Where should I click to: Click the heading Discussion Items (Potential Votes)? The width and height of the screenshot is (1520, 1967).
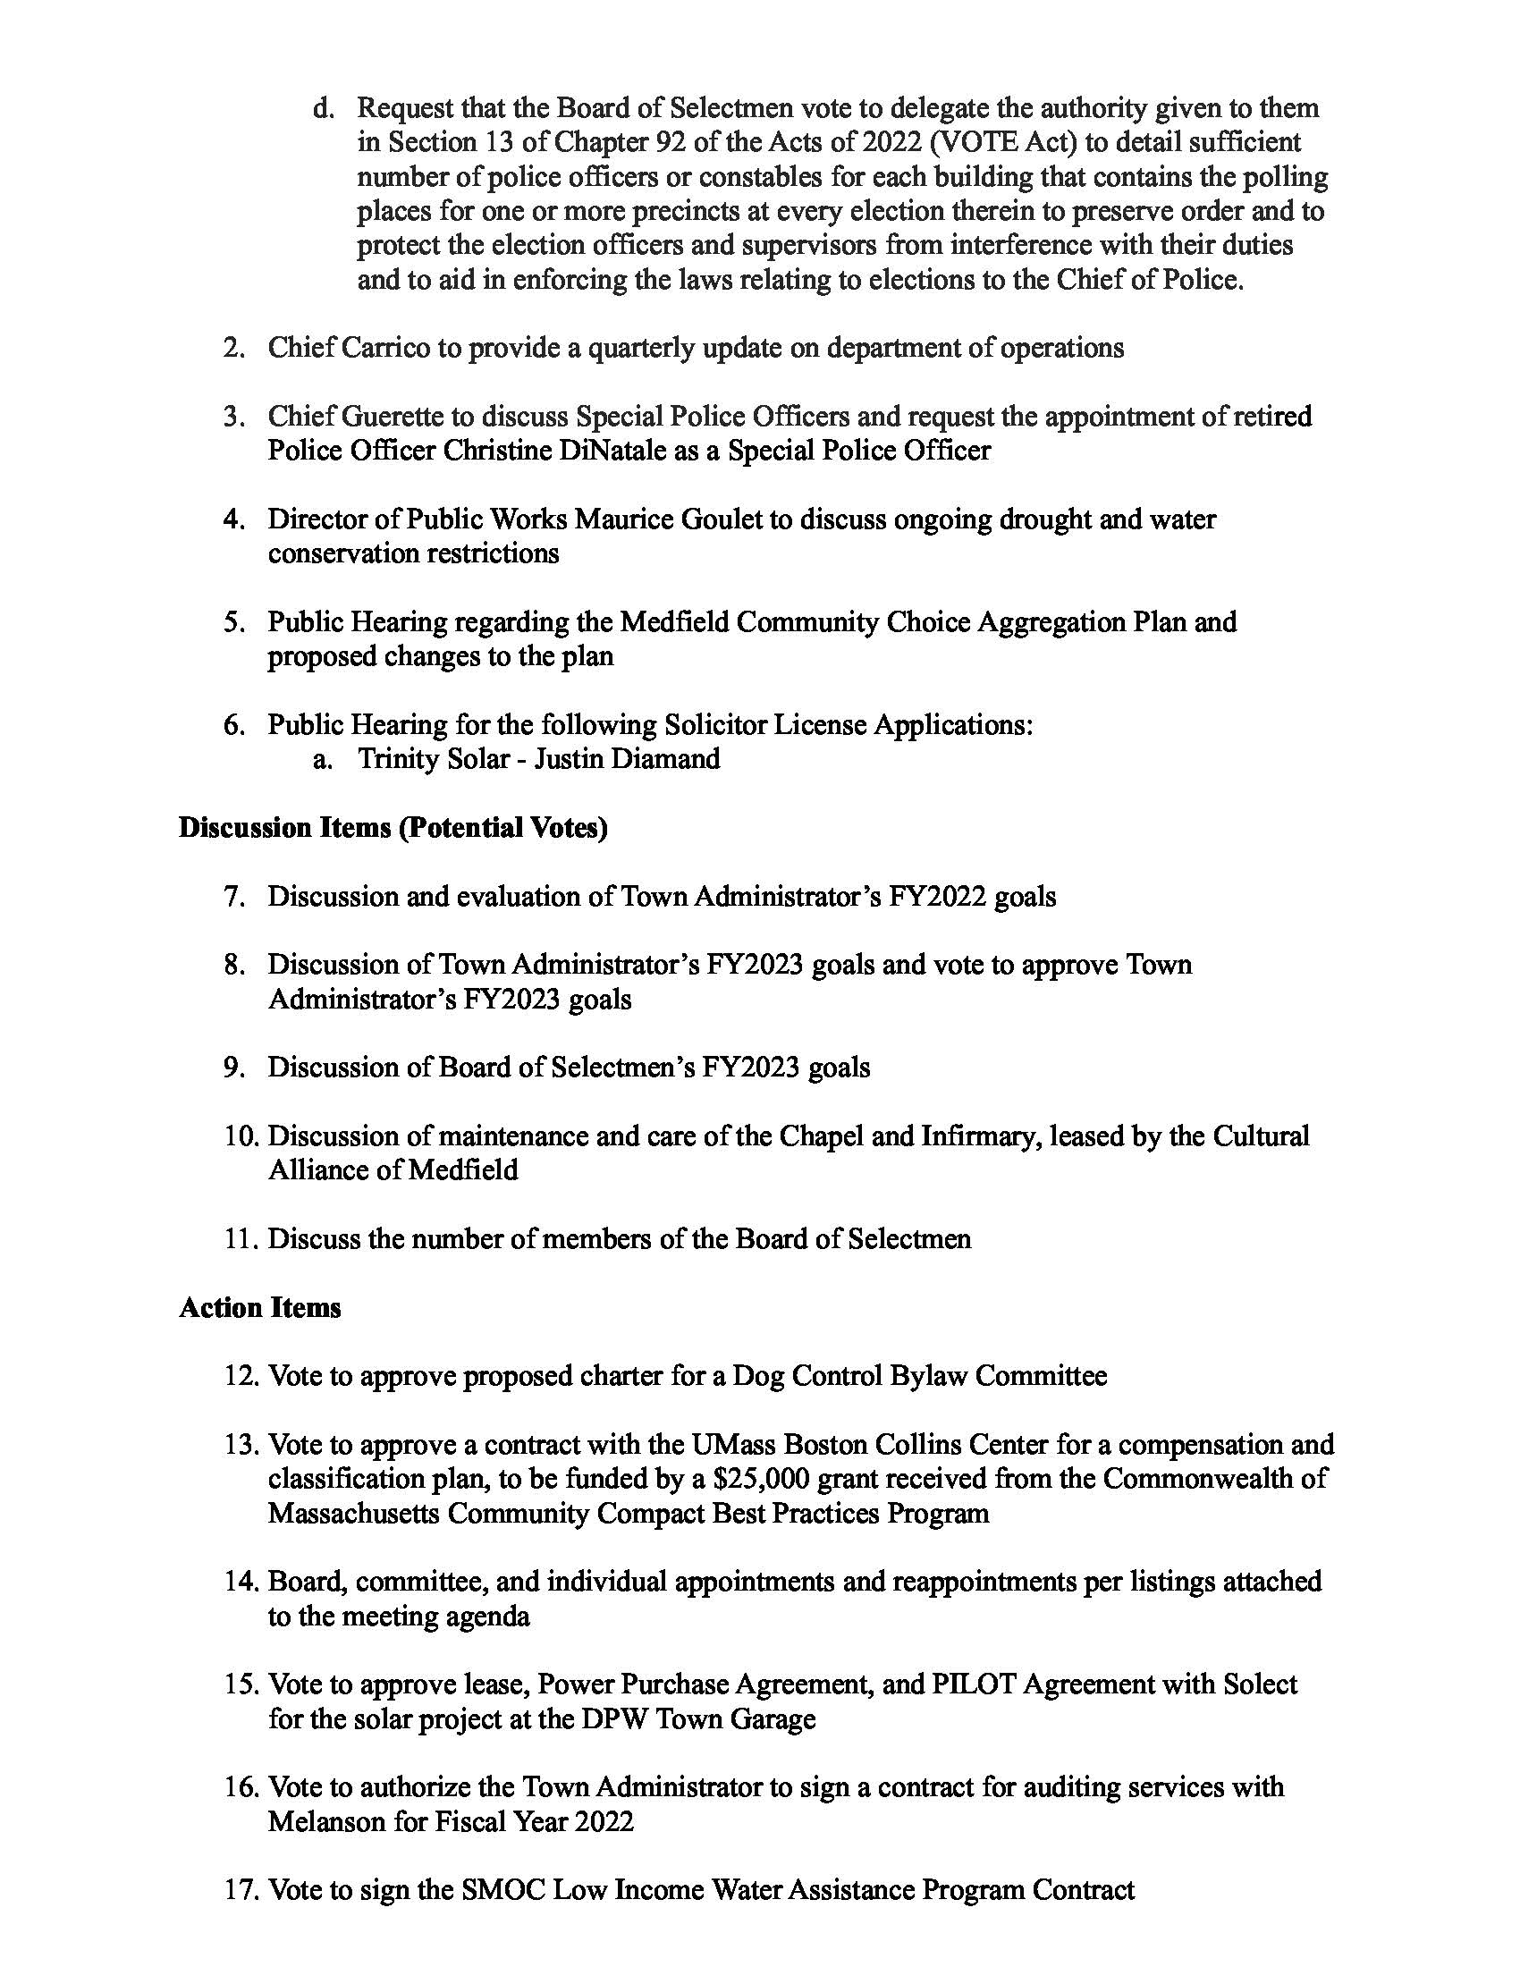coord(393,828)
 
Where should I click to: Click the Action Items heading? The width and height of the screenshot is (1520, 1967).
coord(259,1308)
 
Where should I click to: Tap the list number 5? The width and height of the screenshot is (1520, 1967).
coord(234,622)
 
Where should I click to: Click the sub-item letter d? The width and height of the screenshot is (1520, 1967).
coord(323,109)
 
